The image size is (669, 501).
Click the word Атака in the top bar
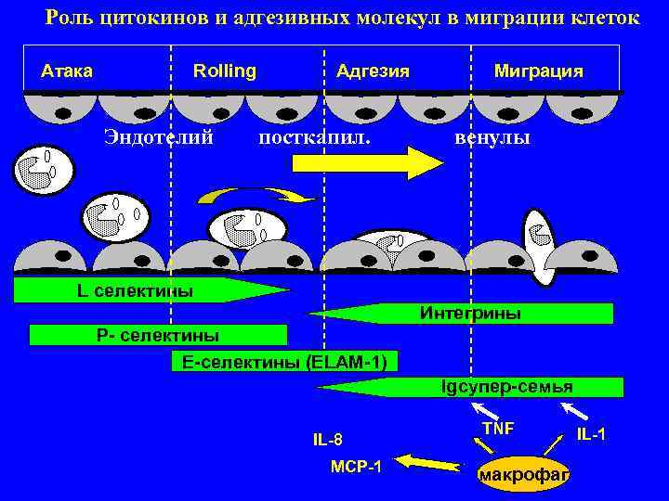click(x=68, y=71)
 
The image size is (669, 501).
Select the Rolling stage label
click(x=224, y=71)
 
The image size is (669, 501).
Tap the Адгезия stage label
click(x=373, y=71)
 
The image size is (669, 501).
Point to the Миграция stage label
click(x=539, y=71)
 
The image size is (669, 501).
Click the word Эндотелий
click(x=159, y=137)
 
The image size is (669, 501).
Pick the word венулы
click(x=492, y=137)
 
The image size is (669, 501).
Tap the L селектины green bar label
click(x=136, y=291)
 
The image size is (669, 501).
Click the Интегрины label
click(x=470, y=314)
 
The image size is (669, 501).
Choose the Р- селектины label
click(x=158, y=335)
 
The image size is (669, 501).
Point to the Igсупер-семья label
click(x=506, y=386)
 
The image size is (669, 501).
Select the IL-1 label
click(x=592, y=433)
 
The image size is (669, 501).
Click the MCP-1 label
click(x=356, y=464)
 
